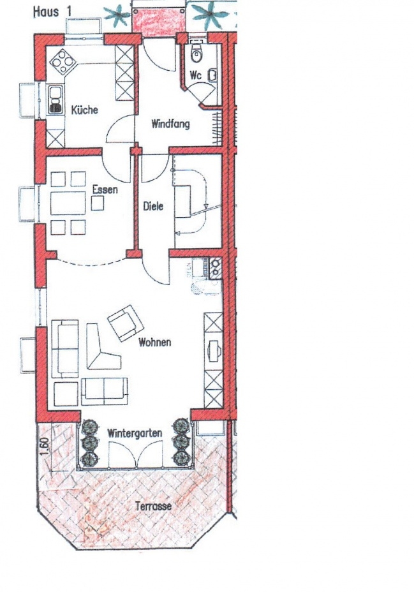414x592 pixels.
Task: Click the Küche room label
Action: [85, 110]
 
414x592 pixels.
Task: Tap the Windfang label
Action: [170, 124]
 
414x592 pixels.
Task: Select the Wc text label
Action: [196, 75]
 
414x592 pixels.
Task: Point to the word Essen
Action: [105, 189]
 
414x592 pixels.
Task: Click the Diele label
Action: [153, 206]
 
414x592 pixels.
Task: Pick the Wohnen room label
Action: [155, 343]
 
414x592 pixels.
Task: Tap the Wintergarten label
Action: [135, 433]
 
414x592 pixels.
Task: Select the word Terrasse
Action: [154, 506]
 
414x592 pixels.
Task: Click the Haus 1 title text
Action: [52, 11]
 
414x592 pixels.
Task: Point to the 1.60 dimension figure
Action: [44, 447]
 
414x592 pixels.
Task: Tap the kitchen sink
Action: [55, 99]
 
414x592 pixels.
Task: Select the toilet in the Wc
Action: [196, 52]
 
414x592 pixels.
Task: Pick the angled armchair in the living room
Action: [126, 323]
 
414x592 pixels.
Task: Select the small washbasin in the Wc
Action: [213, 75]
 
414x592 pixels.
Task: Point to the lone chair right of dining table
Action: [98, 203]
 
